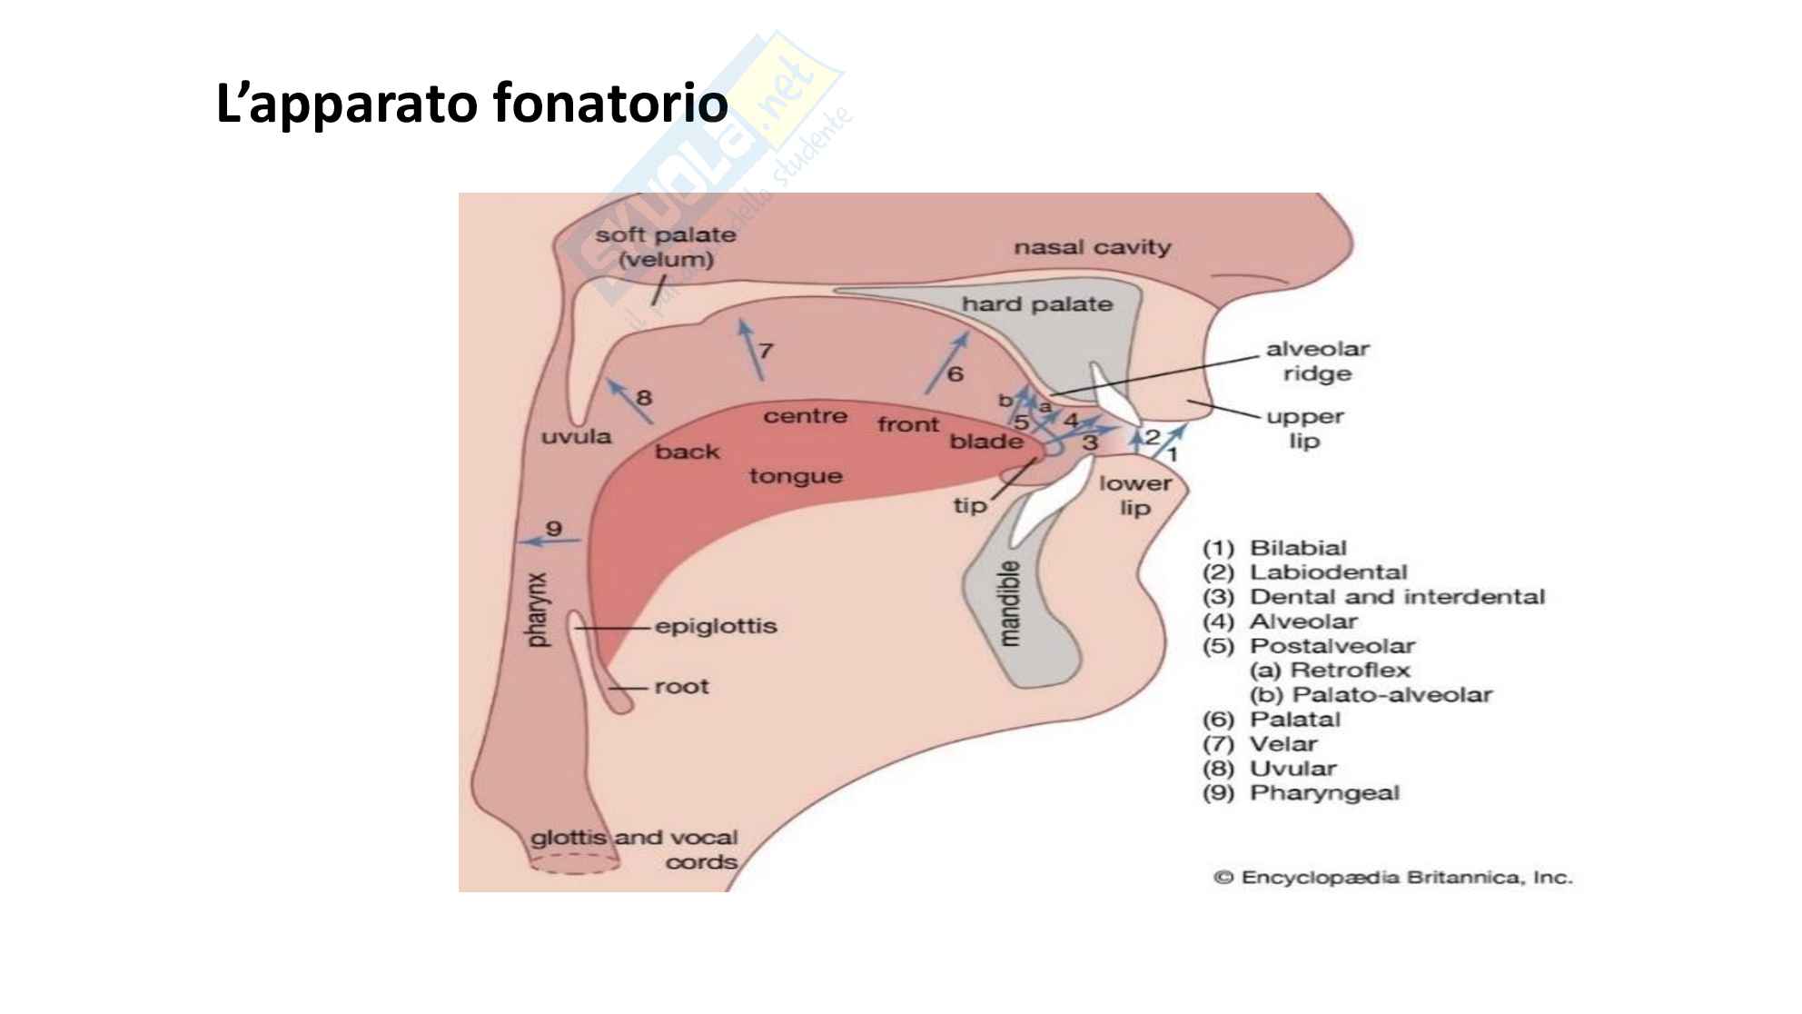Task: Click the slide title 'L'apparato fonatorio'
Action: click(471, 103)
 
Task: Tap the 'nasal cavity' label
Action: click(1092, 247)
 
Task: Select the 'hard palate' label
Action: click(1036, 304)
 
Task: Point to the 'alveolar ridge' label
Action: click(1317, 361)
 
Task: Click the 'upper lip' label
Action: click(1304, 428)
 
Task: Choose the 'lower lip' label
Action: click(1134, 495)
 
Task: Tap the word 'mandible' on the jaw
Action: click(1009, 603)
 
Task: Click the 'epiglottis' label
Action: click(716, 626)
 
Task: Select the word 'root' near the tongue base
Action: click(681, 687)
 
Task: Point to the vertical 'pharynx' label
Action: click(538, 610)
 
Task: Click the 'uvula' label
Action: click(576, 437)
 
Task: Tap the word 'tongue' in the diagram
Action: click(796, 476)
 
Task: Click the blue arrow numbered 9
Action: click(549, 542)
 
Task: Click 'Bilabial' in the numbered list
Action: click(1298, 548)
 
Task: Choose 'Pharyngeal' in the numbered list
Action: click(1324, 793)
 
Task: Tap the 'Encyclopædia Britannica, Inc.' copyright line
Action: click(1393, 878)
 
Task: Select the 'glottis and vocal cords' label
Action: click(634, 850)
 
